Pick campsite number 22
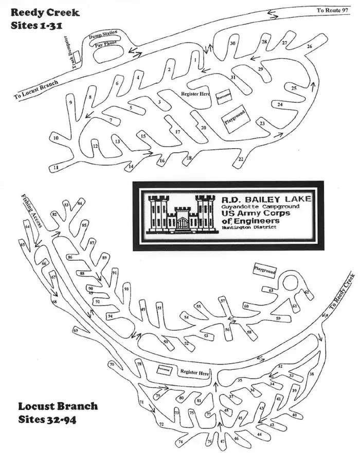(x=241, y=160)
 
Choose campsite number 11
(x=57, y=168)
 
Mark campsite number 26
(x=309, y=47)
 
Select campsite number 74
(x=180, y=442)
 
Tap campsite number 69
(x=76, y=330)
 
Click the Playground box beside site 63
(x=265, y=271)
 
